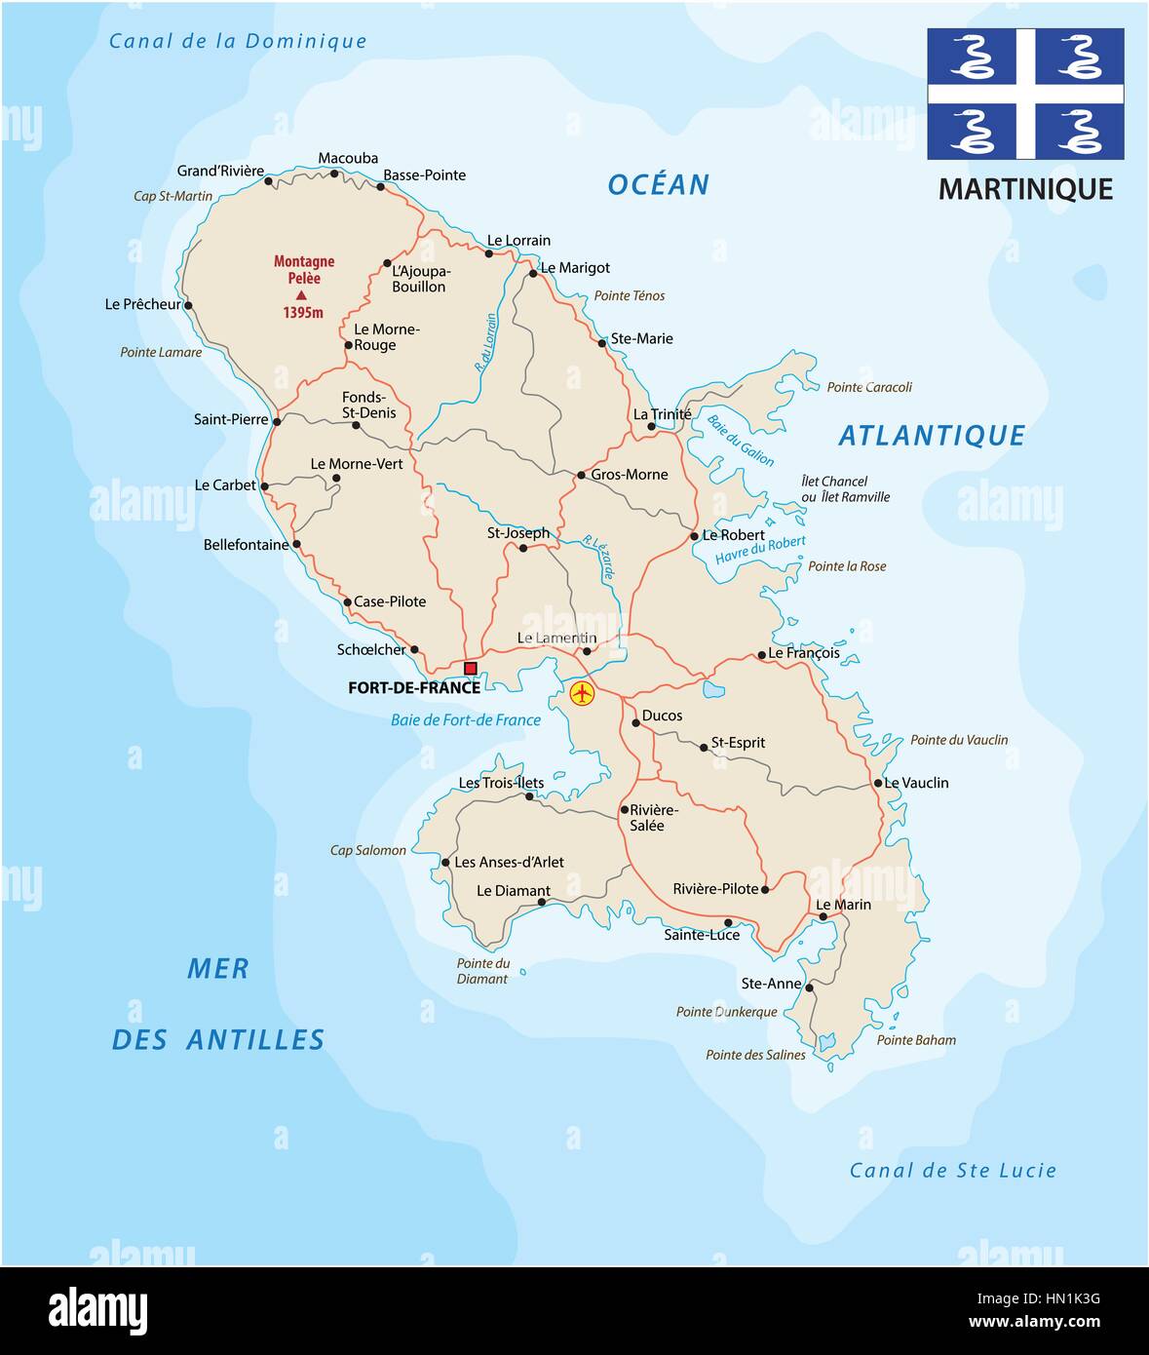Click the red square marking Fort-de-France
(471, 668)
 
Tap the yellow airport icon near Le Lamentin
(582, 693)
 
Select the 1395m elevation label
(303, 313)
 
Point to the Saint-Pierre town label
(231, 419)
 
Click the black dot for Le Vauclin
(878, 783)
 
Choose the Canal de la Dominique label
(238, 41)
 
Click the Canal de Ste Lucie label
(952, 1170)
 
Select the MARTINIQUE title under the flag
(1025, 189)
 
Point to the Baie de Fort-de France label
(466, 720)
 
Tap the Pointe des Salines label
(755, 1055)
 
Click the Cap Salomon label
(368, 850)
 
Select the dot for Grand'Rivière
(269, 181)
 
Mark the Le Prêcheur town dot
(188, 305)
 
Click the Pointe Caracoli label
(869, 387)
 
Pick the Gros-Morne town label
(630, 475)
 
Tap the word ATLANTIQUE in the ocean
(932, 436)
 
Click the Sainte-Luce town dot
(728, 922)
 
